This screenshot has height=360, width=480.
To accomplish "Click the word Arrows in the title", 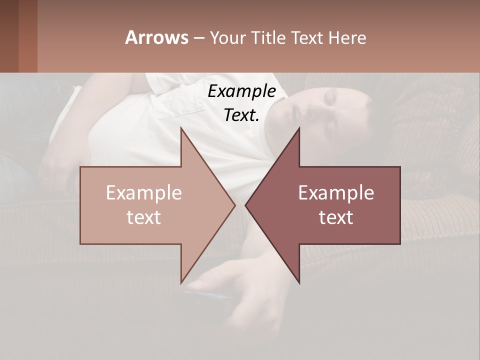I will [x=157, y=37].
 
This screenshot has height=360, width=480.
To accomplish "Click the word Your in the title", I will [x=227, y=38].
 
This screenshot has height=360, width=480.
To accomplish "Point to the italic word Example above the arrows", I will [x=241, y=91].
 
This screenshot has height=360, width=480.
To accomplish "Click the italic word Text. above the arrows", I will [x=241, y=115].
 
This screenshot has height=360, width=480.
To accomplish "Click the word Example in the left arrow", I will [x=143, y=193].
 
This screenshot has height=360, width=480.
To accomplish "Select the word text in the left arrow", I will [x=143, y=217].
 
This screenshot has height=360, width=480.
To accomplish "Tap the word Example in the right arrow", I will [x=336, y=193].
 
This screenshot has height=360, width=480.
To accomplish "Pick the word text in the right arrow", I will [x=336, y=217].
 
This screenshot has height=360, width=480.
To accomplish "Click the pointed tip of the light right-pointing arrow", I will [x=234, y=205].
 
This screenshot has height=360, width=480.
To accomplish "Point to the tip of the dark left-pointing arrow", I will [x=246, y=205].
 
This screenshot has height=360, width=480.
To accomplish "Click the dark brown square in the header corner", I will [x=9, y=36].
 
